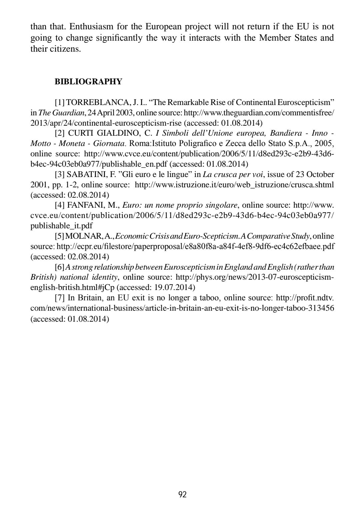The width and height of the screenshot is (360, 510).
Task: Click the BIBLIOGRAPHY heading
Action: (x=88, y=82)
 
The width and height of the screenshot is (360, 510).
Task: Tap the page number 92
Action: (x=183, y=494)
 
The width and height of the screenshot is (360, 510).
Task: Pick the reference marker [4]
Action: (x=60, y=205)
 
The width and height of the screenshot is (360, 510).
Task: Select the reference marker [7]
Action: (x=60, y=298)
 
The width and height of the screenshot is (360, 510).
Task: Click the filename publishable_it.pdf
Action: (x=62, y=226)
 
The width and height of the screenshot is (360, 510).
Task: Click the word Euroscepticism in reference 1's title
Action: (x=305, y=102)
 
